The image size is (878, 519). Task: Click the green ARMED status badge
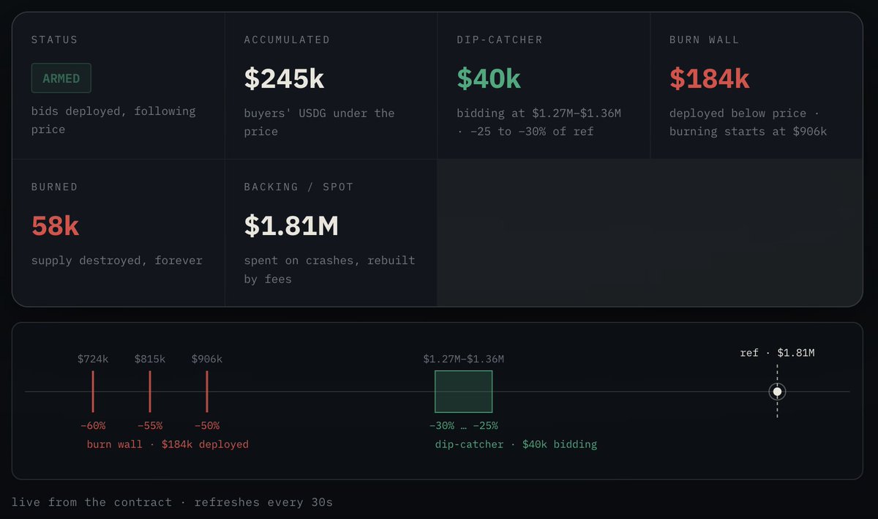(61, 78)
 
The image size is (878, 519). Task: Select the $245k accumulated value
(284, 78)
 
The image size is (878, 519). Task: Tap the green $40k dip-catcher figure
(489, 78)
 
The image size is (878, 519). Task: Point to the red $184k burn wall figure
(710, 78)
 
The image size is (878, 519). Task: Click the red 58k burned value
(56, 225)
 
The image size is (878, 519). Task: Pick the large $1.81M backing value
(291, 225)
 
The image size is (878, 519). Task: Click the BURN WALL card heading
(704, 40)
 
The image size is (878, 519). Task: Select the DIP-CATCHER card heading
(500, 40)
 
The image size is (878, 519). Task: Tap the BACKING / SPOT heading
(299, 187)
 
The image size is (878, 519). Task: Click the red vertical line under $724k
(93, 392)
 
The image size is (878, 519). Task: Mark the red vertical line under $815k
(150, 392)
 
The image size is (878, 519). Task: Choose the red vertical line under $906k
(207, 392)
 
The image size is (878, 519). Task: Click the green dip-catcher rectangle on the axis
(464, 392)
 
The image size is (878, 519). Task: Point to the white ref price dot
(777, 392)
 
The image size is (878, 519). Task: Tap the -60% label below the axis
(93, 425)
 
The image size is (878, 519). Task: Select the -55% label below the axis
(150, 425)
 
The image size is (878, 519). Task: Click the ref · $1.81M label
(777, 353)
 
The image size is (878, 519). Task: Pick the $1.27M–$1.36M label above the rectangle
(464, 359)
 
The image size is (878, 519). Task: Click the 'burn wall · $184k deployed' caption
(168, 444)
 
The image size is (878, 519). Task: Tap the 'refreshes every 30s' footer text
(263, 502)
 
